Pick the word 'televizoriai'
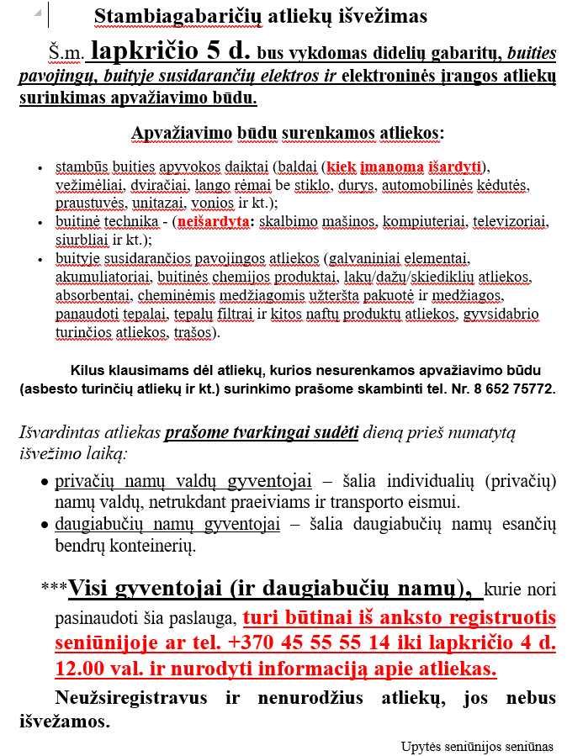point(507,222)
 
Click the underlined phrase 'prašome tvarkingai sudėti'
point(262,434)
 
